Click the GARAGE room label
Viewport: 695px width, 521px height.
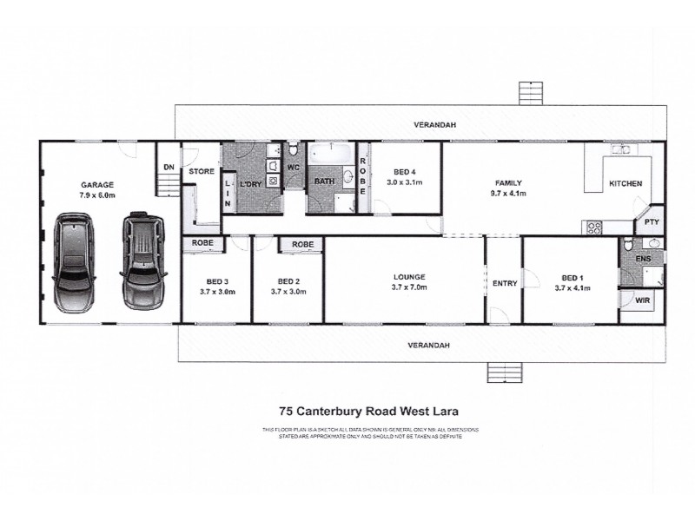[97, 185]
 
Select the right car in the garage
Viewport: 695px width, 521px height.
[142, 261]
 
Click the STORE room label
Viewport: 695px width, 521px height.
[202, 172]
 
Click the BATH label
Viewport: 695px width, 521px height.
[325, 181]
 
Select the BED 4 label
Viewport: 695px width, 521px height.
[405, 172]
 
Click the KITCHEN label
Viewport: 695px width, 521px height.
[625, 183]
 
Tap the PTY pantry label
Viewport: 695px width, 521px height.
[651, 223]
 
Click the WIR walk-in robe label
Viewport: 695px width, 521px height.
[642, 301]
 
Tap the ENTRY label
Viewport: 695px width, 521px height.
[504, 283]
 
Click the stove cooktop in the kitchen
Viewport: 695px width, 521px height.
[594, 228]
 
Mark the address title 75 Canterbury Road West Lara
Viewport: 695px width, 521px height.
[369, 412]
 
